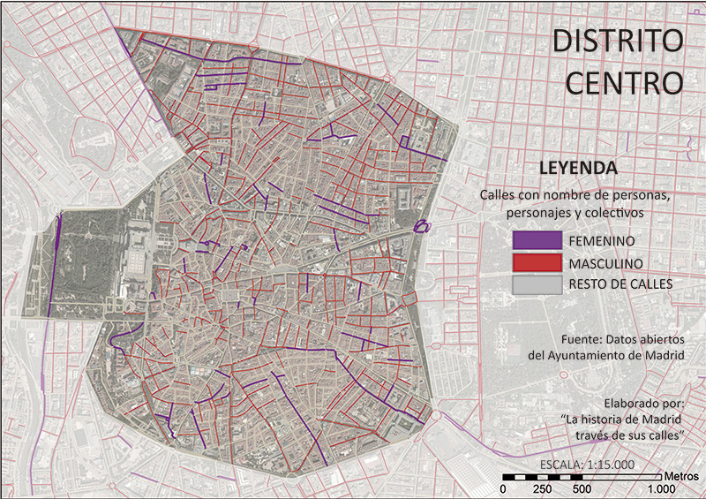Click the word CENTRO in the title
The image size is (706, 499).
click(623, 82)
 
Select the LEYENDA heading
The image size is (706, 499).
click(578, 168)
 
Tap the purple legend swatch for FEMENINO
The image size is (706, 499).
click(537, 240)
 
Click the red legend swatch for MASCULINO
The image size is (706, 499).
click(537, 262)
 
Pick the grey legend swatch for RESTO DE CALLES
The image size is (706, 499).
click(537, 284)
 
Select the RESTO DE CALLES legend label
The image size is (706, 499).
click(620, 284)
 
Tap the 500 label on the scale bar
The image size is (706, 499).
click(581, 489)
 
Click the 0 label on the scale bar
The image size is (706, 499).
click(503, 489)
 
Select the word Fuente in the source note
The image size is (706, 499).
click(581, 339)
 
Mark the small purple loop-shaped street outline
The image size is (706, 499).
click(422, 226)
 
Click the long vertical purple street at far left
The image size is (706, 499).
click(56, 265)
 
